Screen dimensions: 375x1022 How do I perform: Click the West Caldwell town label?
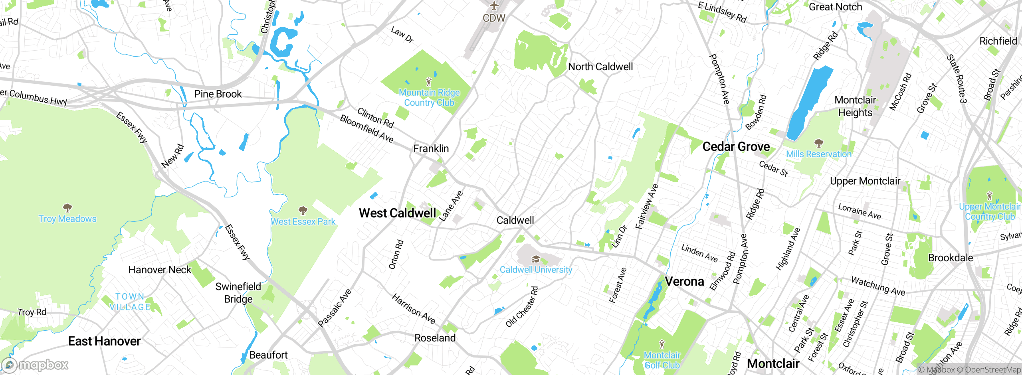tap(397, 213)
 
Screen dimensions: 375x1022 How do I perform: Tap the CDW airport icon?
tap(494, 6)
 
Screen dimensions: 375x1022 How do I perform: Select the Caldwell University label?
tap(536, 270)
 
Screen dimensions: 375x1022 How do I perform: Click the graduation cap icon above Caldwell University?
tap(536, 260)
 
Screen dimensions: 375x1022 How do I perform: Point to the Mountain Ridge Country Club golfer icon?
tap(429, 82)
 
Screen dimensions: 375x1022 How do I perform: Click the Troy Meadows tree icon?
tap(67, 208)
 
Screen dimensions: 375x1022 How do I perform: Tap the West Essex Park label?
tap(303, 222)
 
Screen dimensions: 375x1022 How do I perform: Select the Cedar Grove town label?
tap(736, 146)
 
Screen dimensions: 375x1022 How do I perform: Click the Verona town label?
tap(684, 282)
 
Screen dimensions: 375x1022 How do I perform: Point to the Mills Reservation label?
tap(818, 154)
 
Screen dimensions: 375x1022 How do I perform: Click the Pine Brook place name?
tap(218, 94)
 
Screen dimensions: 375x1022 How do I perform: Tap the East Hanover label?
tap(104, 341)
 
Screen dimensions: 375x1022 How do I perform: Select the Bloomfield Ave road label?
tap(366, 129)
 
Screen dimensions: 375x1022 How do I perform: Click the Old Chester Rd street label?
tap(522, 307)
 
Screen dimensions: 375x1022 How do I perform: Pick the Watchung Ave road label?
tap(878, 286)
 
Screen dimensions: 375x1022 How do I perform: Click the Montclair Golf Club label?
tap(662, 360)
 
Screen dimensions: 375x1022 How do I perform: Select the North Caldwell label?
tap(600, 67)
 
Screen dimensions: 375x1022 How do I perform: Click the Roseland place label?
tap(435, 338)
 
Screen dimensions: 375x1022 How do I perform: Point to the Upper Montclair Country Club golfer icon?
tap(989, 196)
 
